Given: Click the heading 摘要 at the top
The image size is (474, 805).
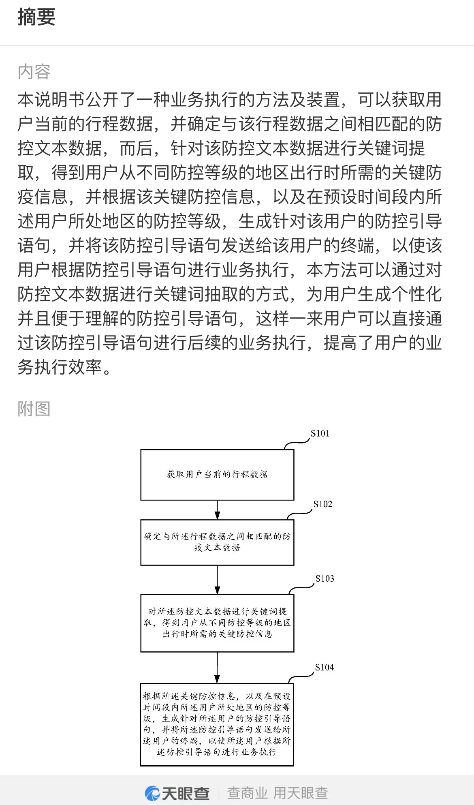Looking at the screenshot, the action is point(36,17).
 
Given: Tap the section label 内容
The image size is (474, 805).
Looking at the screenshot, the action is point(34,72).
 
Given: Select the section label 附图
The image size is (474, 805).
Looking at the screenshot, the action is point(34,409).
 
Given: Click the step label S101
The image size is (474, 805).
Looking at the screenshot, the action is point(320,433).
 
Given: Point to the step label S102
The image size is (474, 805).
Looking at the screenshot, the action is point(322,504).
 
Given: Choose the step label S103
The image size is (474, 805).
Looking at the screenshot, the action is point(325,578).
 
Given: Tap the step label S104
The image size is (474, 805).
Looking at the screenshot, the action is point(325,667).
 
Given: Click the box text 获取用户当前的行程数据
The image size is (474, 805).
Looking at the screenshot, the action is point(217,474).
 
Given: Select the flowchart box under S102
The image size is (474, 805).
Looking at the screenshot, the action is point(217,542).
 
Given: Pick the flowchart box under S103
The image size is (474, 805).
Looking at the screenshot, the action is point(217,623).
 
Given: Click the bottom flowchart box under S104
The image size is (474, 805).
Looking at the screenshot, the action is point(217,724).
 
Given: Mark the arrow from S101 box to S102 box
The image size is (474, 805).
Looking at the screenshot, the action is point(217,510).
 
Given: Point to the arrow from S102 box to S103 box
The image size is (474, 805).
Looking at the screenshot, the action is point(217,580).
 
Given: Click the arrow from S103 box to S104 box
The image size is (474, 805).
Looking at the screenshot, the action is point(217,668).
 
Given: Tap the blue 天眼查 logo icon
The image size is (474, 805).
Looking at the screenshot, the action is point(152,793).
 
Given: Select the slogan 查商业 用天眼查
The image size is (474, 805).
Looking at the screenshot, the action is point(278,793).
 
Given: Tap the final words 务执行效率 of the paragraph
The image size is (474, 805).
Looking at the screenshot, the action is point(60,367).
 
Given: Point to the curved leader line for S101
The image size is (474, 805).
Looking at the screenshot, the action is point(297,443).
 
